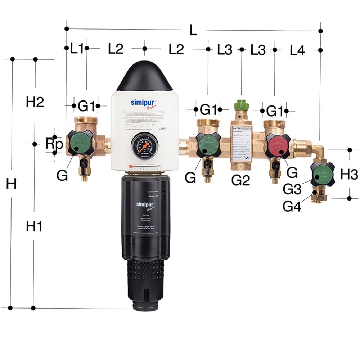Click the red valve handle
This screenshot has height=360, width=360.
(277, 146)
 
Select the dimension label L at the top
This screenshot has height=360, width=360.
(193, 31)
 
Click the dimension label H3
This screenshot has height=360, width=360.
(349, 175)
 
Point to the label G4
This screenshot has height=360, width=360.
(292, 206)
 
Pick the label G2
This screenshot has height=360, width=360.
(240, 180)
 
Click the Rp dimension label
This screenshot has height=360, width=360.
(54, 144)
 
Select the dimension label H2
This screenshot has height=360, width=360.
(35, 102)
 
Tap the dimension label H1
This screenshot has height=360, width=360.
(34, 226)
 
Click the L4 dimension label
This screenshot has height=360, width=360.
(297, 51)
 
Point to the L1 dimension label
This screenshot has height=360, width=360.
(77, 48)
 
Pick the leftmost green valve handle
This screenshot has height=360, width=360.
(80, 143)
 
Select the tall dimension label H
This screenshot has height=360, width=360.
(11, 184)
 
